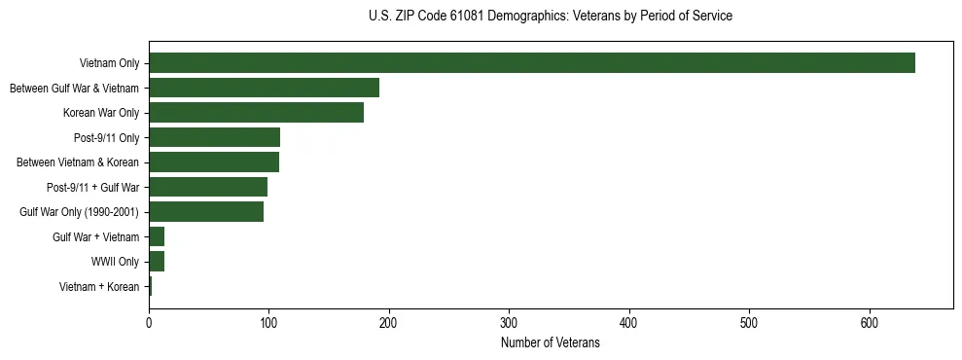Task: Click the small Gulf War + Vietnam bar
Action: tap(157, 236)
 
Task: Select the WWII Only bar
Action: tap(157, 262)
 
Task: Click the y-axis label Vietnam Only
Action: tap(109, 64)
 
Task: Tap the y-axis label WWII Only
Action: tap(116, 262)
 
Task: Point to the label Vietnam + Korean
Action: tap(99, 287)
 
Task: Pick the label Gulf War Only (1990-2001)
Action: tap(80, 212)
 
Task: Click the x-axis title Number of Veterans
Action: tap(550, 342)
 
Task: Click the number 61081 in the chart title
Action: tap(455, 17)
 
